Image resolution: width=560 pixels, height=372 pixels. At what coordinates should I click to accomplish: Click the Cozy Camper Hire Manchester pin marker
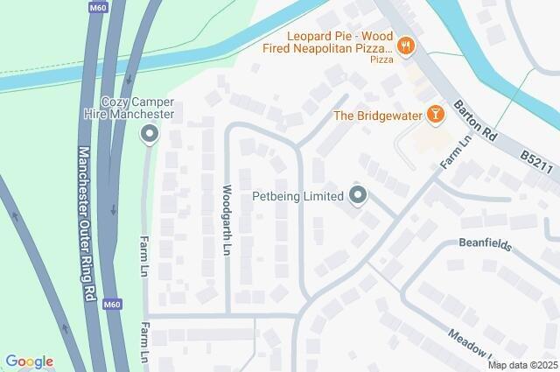pyautogui.click(x=150, y=135)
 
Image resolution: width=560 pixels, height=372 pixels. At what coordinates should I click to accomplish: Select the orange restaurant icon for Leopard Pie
pyautogui.click(x=405, y=46)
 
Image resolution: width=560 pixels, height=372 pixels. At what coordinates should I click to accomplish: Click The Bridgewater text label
pyautogui.click(x=378, y=116)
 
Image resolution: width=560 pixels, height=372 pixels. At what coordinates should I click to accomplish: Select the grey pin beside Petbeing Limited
pyautogui.click(x=357, y=195)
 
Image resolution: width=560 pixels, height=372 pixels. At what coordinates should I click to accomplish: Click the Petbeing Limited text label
pyautogui.click(x=297, y=196)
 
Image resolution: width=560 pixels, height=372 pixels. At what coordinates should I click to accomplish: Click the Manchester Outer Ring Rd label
pyautogui.click(x=86, y=210)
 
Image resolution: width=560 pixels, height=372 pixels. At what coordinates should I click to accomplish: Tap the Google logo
pyautogui.click(x=29, y=361)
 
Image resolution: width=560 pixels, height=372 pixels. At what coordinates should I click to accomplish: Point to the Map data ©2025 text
pyautogui.click(x=522, y=365)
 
